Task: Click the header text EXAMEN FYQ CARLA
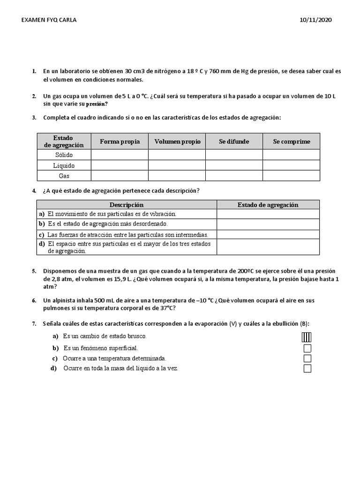coord(50,20)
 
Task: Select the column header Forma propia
coord(120,142)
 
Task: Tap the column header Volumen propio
coord(177,142)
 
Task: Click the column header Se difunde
coord(234,142)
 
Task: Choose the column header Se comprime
coord(291,142)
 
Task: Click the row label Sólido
coord(64,155)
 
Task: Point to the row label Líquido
coord(64,165)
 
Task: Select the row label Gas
coord(64,176)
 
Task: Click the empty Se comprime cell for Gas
coord(291,176)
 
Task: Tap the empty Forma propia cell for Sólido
coord(120,155)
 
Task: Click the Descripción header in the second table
coord(127,205)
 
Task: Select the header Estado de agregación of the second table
coord(268,205)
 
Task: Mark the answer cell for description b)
coord(268,224)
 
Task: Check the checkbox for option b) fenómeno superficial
coord(307,348)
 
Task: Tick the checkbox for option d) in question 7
coord(307,368)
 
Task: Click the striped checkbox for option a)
coord(307,337)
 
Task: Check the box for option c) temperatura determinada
coord(307,359)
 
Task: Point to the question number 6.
coord(34,300)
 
